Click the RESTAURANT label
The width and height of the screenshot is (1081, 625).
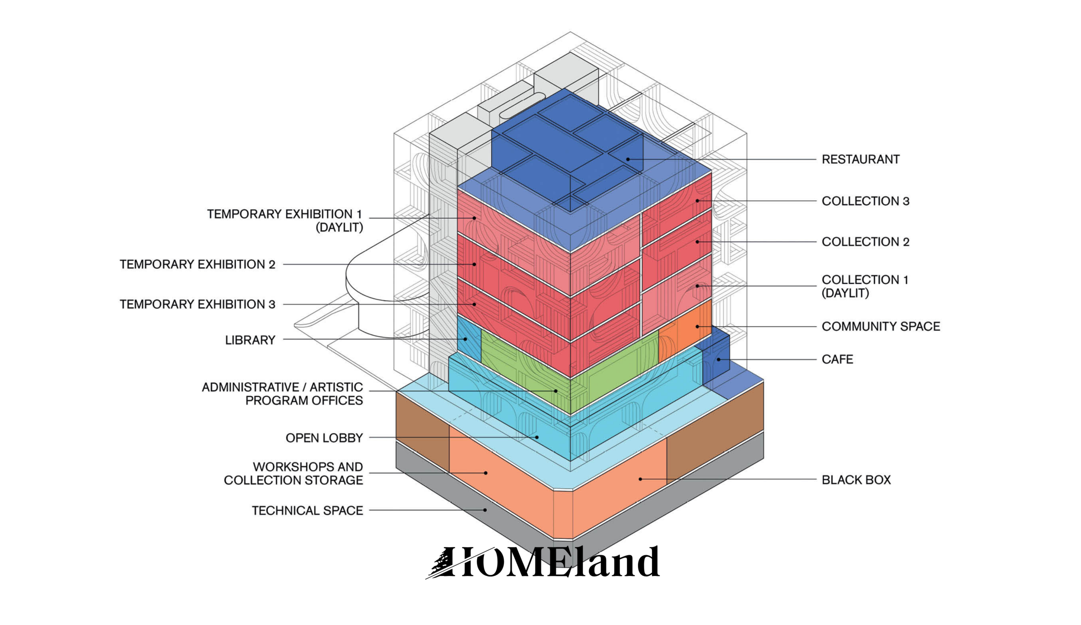[x=860, y=160]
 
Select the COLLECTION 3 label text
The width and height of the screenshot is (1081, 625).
[x=865, y=201]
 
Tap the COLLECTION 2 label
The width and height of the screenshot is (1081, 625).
[x=865, y=242]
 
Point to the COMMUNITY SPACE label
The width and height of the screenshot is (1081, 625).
[x=881, y=327]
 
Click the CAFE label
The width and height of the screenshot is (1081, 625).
[x=837, y=359]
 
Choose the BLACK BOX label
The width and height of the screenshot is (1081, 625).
[x=856, y=480]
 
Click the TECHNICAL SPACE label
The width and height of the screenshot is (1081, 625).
[x=307, y=511]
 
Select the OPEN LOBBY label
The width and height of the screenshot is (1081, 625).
[x=324, y=438]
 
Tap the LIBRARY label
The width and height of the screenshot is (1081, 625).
[x=250, y=340]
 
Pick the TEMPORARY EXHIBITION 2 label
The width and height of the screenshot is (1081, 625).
[x=197, y=265]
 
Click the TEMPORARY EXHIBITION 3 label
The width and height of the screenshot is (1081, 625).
[x=197, y=304]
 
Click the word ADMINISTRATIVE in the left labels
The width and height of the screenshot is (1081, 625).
[x=250, y=387]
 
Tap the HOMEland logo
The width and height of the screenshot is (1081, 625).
[x=542, y=562]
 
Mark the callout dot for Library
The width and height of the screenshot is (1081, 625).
[x=465, y=339]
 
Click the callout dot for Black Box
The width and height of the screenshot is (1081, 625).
[x=640, y=479]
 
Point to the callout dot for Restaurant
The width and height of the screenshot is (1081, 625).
[x=627, y=160]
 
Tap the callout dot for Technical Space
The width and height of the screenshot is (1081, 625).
[x=485, y=510]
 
